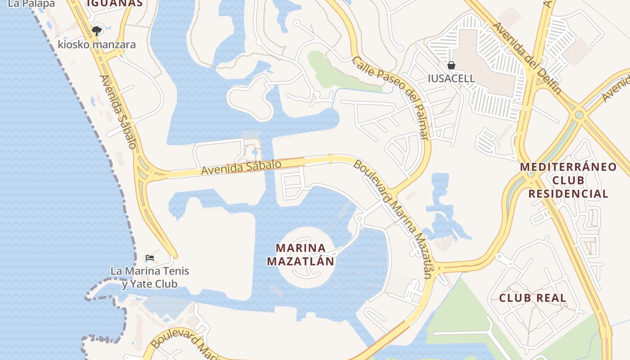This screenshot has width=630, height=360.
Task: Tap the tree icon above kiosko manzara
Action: pos(96,31)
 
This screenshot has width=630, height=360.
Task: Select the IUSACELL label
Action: pos(451,78)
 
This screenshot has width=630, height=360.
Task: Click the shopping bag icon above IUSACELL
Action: pos(451,65)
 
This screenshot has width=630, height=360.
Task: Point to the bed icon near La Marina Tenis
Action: pos(150,258)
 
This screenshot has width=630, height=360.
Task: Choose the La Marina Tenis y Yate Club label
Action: pos(150,277)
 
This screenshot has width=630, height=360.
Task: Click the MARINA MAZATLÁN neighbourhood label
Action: pos(301,254)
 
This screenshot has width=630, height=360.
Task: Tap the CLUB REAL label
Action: pos(532,298)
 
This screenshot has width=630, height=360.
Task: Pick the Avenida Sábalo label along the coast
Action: pos(118,112)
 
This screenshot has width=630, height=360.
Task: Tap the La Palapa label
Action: pos(31,4)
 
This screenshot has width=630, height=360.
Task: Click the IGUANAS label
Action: pos(115,4)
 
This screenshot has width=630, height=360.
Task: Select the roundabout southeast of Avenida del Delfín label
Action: pos(579,115)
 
